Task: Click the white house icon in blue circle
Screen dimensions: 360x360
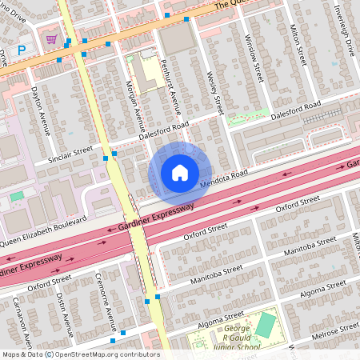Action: coord(179,172)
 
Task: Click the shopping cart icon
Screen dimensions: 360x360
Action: coord(51,38)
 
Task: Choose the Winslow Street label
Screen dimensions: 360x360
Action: coord(254,58)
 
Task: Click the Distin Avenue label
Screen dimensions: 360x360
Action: coord(65,314)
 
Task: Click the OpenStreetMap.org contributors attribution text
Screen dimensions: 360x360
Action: coord(108,354)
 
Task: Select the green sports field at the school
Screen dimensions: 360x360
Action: coord(266,325)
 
